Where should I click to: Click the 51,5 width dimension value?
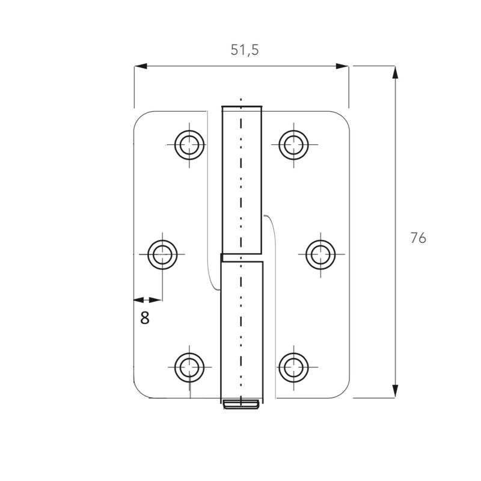pyautogui.click(x=245, y=50)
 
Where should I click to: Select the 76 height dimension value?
pyautogui.click(x=418, y=237)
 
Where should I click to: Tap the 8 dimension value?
pyautogui.click(x=145, y=318)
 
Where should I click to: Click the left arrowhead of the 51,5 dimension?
pyautogui.click(x=141, y=66)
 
